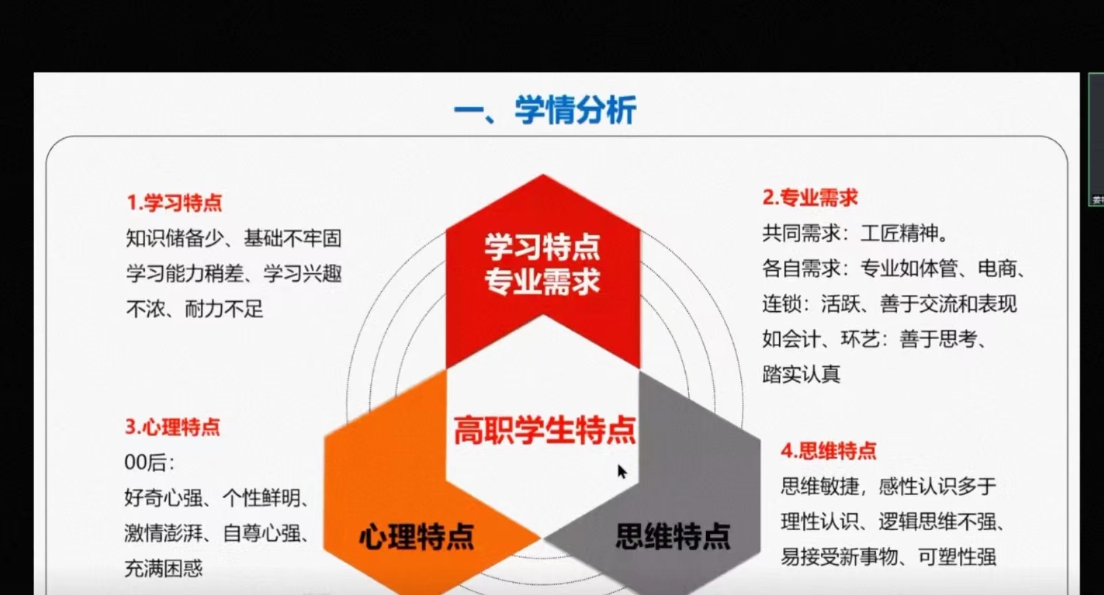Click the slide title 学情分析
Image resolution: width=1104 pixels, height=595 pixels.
pyautogui.click(x=575, y=110)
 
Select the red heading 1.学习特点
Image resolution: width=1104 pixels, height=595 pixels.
pyautogui.click(x=175, y=202)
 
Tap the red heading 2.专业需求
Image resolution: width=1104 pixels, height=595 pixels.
pyautogui.click(x=810, y=198)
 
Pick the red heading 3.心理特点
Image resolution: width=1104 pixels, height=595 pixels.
pyautogui.click(x=173, y=427)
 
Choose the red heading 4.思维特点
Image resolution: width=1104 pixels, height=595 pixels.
pyautogui.click(x=829, y=451)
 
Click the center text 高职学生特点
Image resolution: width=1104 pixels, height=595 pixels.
pyautogui.click(x=545, y=431)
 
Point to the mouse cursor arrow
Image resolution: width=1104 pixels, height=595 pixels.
pyautogui.click(x=622, y=471)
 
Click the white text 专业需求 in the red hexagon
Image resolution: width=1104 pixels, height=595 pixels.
pyautogui.click(x=542, y=282)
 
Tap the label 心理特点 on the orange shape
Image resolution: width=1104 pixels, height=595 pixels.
pyautogui.click(x=417, y=536)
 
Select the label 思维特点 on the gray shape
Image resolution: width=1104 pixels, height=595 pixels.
pyautogui.click(x=674, y=536)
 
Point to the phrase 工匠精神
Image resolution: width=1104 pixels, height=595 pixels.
pyautogui.click(x=900, y=233)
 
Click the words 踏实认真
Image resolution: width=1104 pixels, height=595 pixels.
pyautogui.click(x=801, y=374)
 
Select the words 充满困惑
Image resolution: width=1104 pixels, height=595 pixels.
pyautogui.click(x=164, y=569)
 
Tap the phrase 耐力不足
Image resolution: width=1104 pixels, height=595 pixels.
pyautogui.click(x=224, y=309)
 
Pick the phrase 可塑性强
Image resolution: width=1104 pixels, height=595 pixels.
pyautogui.click(x=957, y=557)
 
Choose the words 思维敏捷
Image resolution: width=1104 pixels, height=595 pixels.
pyautogui.click(x=820, y=487)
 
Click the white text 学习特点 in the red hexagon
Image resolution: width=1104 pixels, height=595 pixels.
pyautogui.click(x=542, y=248)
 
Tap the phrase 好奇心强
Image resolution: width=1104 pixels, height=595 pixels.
pyautogui.click(x=164, y=498)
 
